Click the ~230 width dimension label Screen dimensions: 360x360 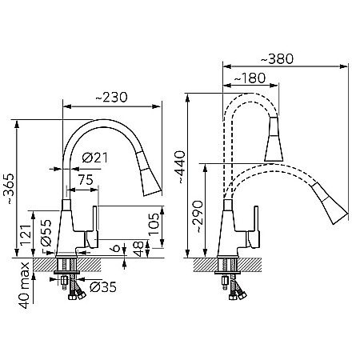coord(111,98)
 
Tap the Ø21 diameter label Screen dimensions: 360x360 coord(94,158)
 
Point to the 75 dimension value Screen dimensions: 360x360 coord(86,180)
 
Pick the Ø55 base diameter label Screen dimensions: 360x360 coord(46,233)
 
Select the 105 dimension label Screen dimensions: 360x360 coord(154,224)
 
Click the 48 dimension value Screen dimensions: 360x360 coord(138,249)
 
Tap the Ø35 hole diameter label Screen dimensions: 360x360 coord(103,287)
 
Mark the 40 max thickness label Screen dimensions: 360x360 coord(25,286)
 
